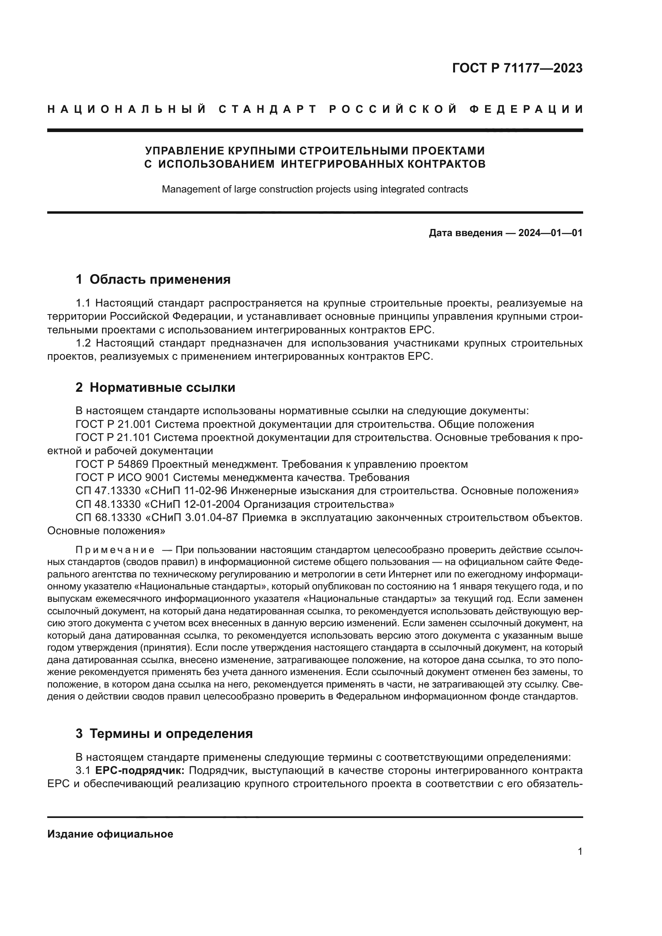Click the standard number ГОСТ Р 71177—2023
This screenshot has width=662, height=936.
point(517,68)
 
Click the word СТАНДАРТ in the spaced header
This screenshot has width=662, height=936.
point(268,109)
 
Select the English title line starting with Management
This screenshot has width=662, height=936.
point(315,189)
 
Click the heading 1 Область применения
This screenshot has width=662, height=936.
point(153,280)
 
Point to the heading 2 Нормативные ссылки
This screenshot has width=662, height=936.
point(155,387)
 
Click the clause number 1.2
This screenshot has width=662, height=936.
point(84,343)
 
